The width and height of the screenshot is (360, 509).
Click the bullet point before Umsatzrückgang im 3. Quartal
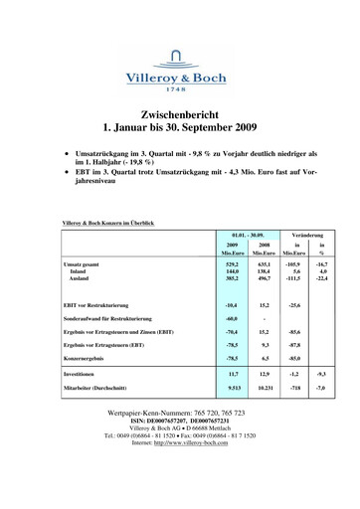(66, 155)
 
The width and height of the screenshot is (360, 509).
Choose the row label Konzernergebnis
(88, 356)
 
